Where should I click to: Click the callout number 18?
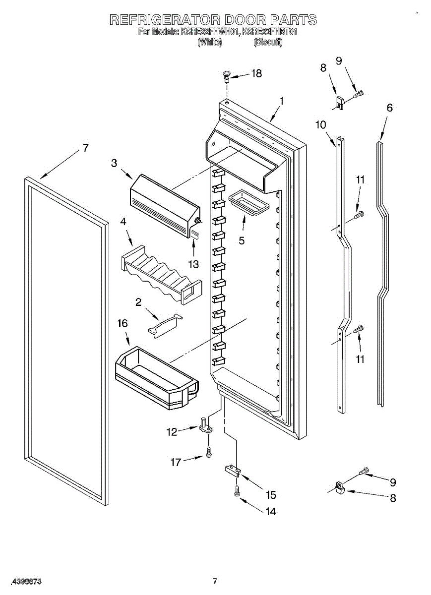tap(256, 73)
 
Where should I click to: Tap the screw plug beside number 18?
tap(227, 75)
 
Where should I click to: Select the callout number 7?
tap(85, 148)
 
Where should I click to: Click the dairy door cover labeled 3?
tap(164, 203)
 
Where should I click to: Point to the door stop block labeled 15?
tap(233, 470)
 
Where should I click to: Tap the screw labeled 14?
tap(237, 491)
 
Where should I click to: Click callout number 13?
tap(193, 264)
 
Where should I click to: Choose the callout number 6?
tap(389, 108)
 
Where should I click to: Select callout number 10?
tap(321, 124)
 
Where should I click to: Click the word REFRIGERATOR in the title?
tap(164, 20)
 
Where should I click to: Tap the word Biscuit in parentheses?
tap(268, 42)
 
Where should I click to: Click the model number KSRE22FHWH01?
tap(210, 32)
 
